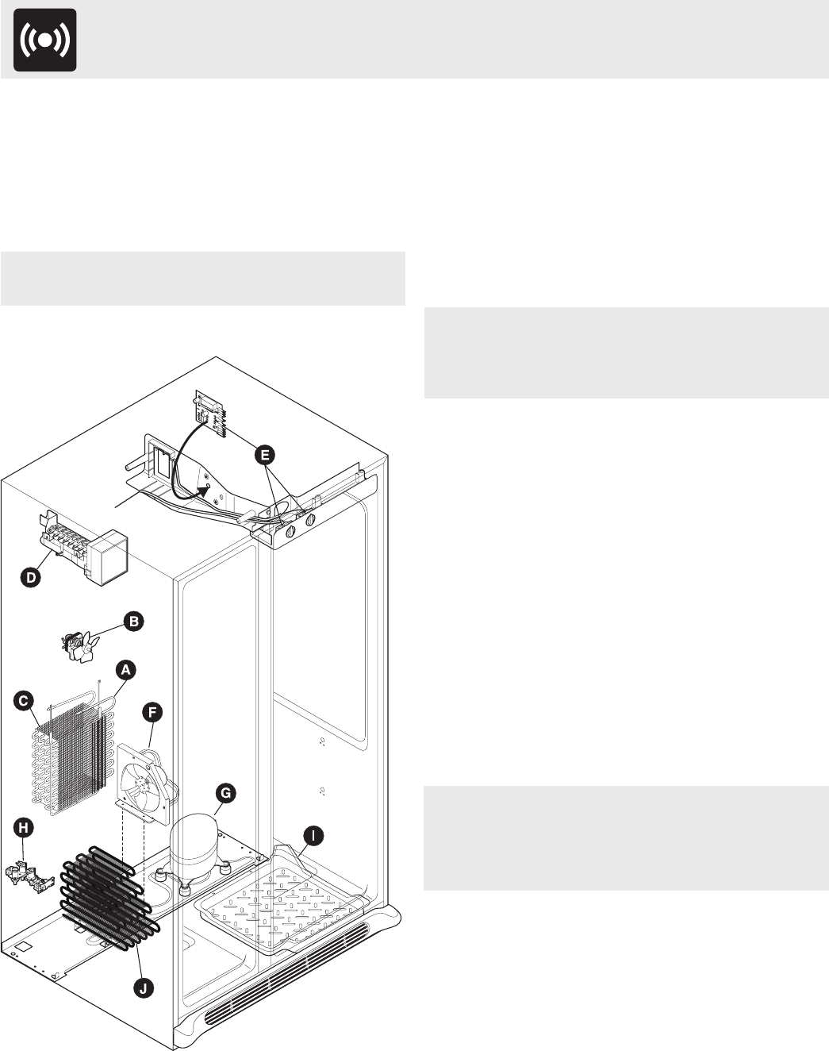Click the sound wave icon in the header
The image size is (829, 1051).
pyautogui.click(x=45, y=40)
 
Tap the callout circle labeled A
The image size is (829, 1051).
pyautogui.click(x=125, y=670)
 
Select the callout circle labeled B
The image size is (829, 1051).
pyautogui.click(x=132, y=621)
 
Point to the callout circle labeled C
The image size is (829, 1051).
pyautogui.click(x=25, y=700)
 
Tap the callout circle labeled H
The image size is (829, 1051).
pyautogui.click(x=25, y=828)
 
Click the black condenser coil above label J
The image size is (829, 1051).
pyautogui.click(x=103, y=895)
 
